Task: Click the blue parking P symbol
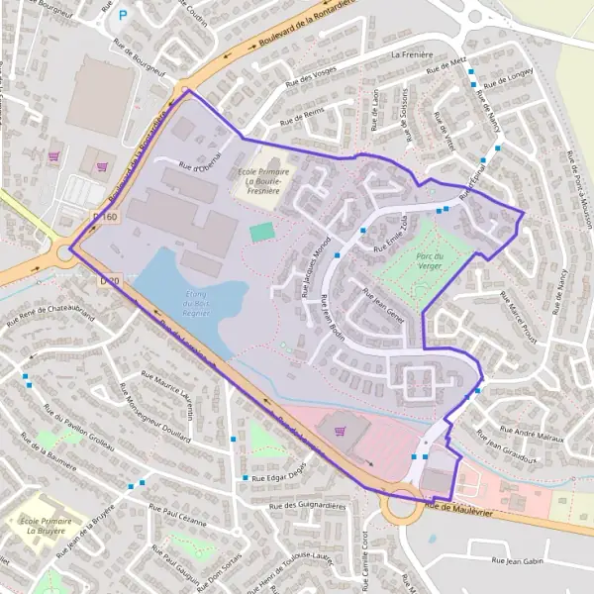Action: [123, 16]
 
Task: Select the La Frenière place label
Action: [415, 55]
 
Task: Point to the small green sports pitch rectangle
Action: [262, 232]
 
